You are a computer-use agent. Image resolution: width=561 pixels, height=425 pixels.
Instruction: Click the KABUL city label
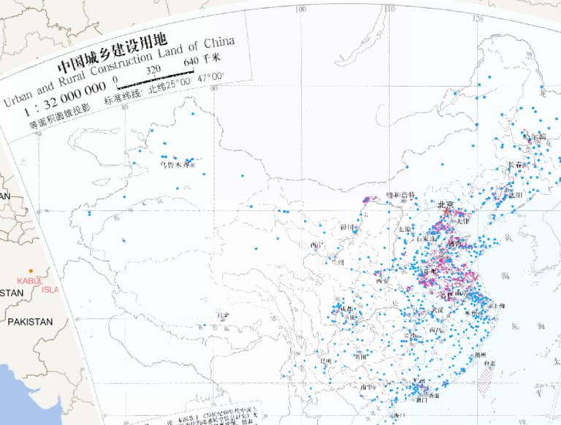29,280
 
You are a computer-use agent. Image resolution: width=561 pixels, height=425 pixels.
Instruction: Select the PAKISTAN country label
30,321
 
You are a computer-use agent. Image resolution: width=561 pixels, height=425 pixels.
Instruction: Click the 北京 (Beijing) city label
445,204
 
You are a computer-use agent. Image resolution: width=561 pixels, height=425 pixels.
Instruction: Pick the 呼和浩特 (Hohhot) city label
400,195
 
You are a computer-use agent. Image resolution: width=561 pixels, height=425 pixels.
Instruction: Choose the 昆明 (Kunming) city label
327,361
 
